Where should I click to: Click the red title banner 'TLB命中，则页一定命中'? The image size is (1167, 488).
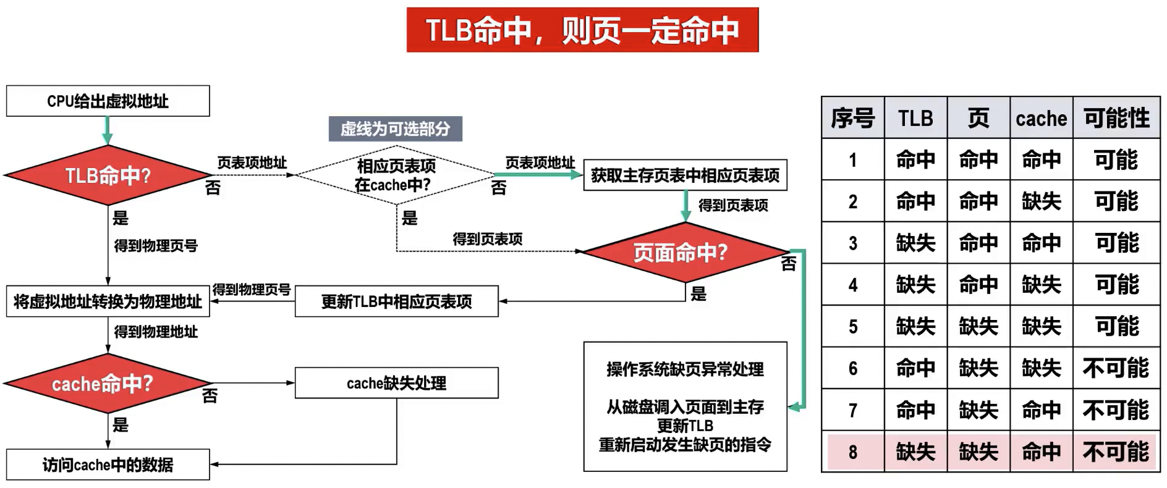582,30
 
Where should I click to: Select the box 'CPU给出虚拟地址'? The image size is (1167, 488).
108,101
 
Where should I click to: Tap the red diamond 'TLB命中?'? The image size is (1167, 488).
108,176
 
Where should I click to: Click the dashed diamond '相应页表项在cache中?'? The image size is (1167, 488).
396,175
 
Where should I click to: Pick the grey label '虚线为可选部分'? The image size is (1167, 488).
395,129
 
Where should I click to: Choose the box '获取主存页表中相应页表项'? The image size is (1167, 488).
685,175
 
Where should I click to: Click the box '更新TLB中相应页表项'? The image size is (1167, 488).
396,301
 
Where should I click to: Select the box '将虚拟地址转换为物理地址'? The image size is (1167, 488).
108,301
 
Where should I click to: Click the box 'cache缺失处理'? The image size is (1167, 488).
396,383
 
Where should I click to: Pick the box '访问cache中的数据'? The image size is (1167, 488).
108,465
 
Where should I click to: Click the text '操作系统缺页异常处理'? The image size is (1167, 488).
685,369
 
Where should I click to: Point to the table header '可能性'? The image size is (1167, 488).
1116,117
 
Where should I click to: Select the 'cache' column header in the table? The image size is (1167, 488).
1041,118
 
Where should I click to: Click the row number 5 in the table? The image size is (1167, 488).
853,326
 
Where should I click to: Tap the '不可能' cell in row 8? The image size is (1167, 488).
1116,452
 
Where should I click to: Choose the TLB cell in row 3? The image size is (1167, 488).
915,243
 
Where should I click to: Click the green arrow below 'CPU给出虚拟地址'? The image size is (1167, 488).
108,130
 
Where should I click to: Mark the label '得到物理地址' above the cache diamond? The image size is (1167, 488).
156,332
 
